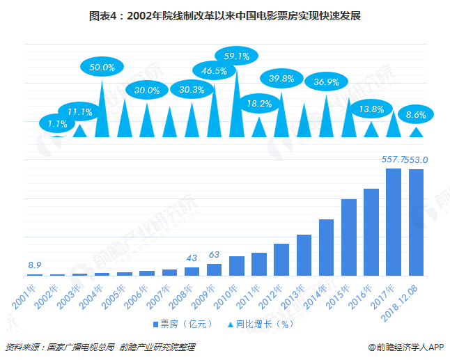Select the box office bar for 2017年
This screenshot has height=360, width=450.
click(394, 221)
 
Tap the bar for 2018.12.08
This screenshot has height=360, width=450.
click(416, 222)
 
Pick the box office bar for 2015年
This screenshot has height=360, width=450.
click(349, 237)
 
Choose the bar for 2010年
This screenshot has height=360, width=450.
click(237, 266)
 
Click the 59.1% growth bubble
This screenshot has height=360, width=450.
click(232, 56)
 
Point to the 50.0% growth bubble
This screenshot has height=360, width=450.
click(102, 67)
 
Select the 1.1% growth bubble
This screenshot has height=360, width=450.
click(58, 124)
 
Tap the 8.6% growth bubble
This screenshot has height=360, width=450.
click(416, 115)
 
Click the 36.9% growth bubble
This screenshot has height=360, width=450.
click(327, 81)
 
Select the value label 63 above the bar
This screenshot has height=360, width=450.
click(215, 254)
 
